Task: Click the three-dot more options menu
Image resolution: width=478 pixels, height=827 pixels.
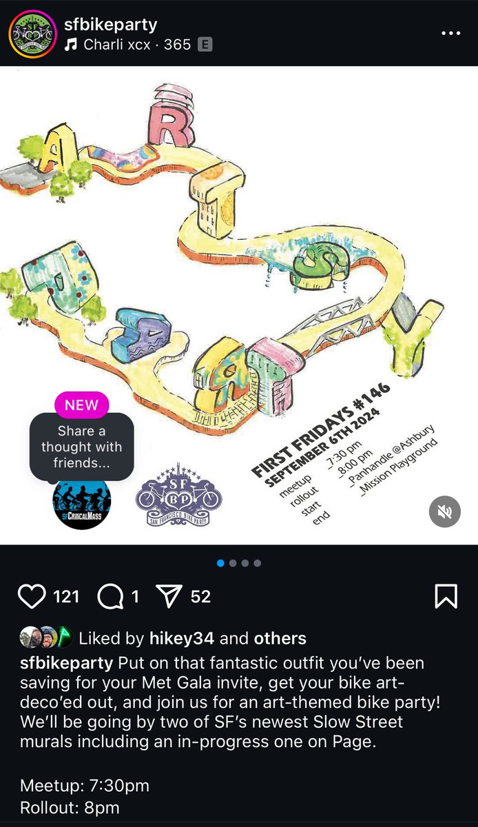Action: [x=450, y=33]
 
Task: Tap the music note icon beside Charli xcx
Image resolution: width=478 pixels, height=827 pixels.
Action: [x=71, y=45]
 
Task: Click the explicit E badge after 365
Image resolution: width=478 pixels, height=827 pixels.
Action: [x=205, y=45]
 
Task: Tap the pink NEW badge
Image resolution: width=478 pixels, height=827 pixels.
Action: [x=81, y=405]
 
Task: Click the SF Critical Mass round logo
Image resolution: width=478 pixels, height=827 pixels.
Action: [x=81, y=504]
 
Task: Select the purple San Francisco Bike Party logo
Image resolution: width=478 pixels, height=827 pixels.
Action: [x=178, y=495]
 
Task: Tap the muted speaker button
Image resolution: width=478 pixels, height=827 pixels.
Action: [x=444, y=511]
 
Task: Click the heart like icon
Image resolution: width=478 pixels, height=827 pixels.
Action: [x=32, y=596]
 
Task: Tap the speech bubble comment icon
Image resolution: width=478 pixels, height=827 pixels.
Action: [x=110, y=596]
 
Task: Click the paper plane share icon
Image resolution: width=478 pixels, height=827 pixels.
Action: [x=169, y=596]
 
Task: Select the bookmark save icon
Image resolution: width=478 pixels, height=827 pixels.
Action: [x=446, y=596]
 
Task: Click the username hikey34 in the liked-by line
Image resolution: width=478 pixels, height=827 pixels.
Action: [x=182, y=638]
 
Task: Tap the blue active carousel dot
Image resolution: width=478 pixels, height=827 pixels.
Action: [x=220, y=563]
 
